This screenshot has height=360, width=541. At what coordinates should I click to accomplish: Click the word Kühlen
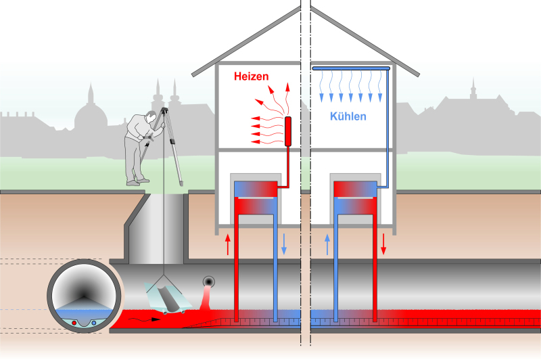click(348, 116)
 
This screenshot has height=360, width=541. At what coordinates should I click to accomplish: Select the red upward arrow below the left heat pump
click(228, 244)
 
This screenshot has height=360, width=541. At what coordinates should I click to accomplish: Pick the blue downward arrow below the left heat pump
click(284, 244)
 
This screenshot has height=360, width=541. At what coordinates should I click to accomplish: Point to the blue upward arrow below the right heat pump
click(327, 244)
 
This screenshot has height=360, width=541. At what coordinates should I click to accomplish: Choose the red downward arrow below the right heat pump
click(383, 244)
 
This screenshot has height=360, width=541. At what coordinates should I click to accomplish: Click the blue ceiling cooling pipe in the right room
click(351, 68)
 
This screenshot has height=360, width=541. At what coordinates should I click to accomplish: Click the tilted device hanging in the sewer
click(166, 296)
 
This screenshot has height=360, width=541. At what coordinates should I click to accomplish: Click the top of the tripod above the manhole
click(164, 110)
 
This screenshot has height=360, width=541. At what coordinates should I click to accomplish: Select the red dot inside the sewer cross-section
click(75, 323)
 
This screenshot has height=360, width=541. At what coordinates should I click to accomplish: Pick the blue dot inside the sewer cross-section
click(93, 323)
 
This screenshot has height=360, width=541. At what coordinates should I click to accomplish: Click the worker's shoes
click(137, 181)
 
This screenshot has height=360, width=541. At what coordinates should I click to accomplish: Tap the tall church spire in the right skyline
click(473, 89)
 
